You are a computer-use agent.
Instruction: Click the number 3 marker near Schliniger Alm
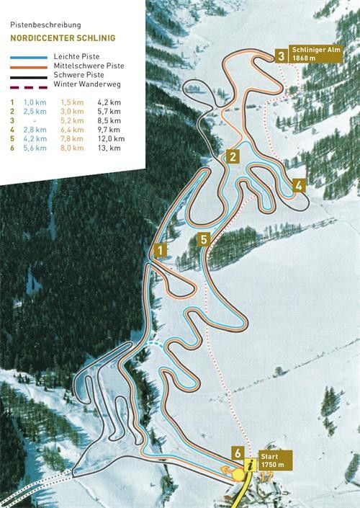pyautogui.click(x=280, y=54)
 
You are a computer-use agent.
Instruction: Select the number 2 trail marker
pyautogui.click(x=232, y=156)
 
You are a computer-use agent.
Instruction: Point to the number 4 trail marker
pyautogui.click(x=298, y=184)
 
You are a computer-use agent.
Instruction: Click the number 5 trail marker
pyautogui.click(x=204, y=239)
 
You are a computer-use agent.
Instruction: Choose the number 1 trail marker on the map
pyautogui.click(x=161, y=249)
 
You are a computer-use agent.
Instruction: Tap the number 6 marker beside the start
pyautogui.click(x=237, y=453)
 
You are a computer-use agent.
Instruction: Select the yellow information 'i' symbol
pyautogui.click(x=251, y=466)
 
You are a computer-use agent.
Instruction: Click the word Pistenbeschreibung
pyautogui.click(x=41, y=24)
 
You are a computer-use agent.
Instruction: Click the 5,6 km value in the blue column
pyautogui.click(x=35, y=148)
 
